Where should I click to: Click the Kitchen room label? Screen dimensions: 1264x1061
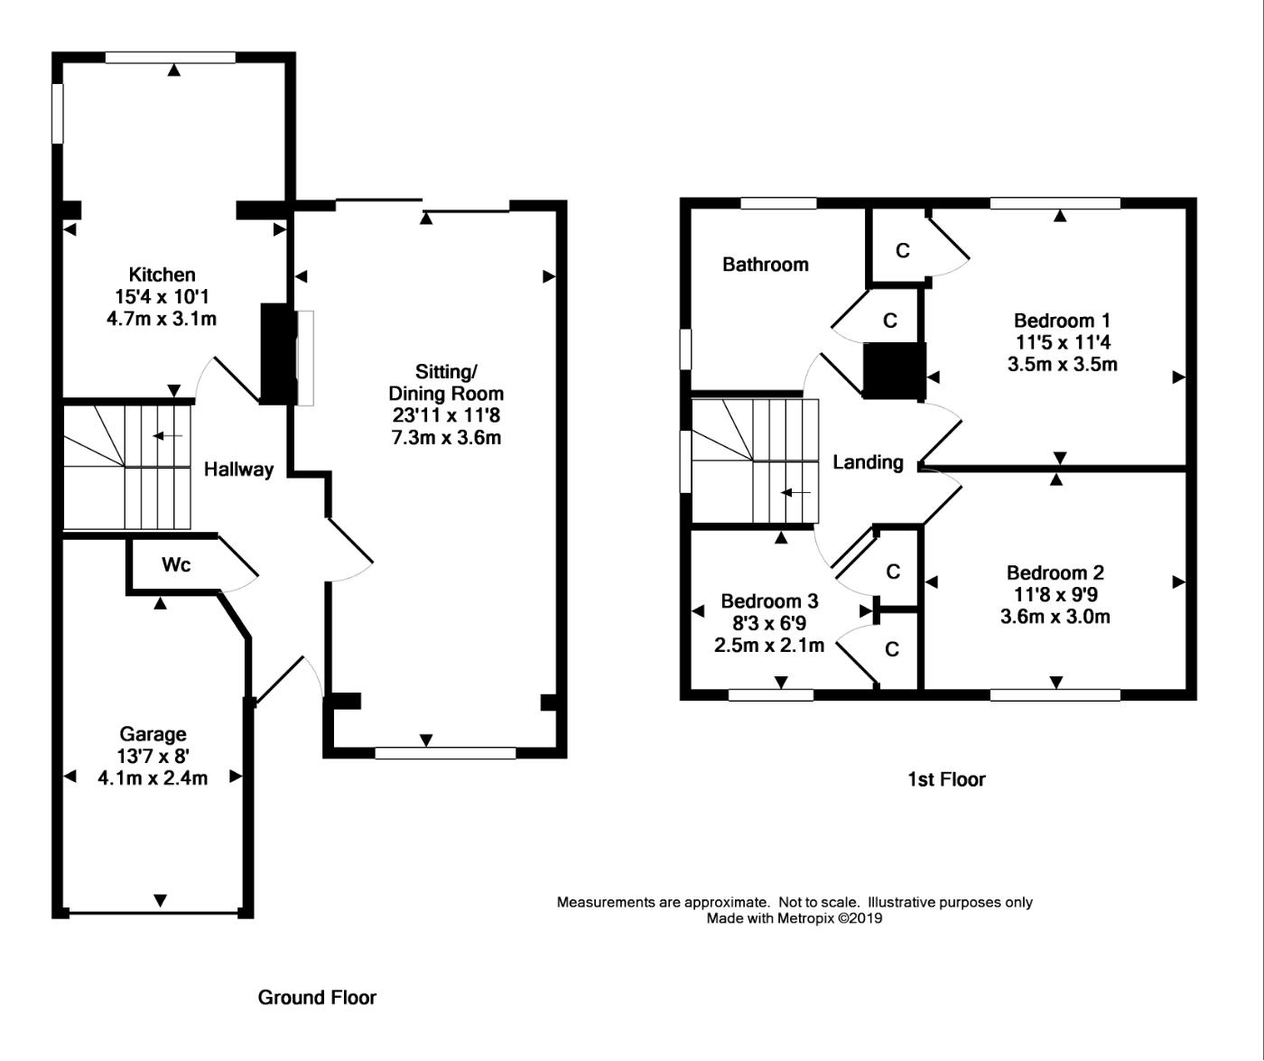click(163, 275)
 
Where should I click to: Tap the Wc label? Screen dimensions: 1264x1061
click(176, 565)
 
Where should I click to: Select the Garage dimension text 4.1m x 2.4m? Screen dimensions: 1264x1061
click(153, 777)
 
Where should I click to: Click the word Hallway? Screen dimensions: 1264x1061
click(238, 470)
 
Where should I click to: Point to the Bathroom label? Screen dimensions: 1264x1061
click(766, 265)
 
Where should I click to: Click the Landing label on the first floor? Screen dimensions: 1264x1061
click(868, 462)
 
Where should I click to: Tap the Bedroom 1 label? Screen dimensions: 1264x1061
click(1063, 321)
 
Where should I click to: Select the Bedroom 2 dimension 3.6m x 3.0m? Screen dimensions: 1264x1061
click(1055, 617)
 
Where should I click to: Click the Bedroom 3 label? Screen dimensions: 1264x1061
click(769, 601)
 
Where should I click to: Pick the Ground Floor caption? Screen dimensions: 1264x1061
click(317, 998)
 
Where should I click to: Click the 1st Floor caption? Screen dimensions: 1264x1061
click(947, 779)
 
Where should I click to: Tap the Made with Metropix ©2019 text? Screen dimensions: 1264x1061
click(795, 918)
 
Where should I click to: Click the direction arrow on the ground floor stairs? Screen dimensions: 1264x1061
click(167, 435)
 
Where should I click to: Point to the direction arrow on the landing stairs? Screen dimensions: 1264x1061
click(795, 493)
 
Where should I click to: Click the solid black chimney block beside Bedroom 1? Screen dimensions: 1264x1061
click(894, 370)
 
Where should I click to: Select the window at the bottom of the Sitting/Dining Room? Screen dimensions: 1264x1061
click(445, 753)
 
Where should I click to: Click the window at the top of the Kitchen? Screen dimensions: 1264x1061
click(171, 58)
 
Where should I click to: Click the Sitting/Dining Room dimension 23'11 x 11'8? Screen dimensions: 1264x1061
click(446, 415)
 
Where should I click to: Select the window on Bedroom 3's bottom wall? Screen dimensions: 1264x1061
click(771, 695)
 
